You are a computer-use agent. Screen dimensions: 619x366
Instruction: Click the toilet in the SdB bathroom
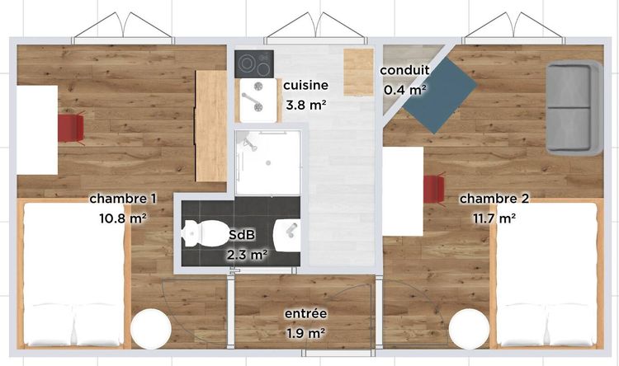pos(202,233)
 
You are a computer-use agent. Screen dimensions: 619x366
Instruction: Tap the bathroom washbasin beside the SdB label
pos(287,235)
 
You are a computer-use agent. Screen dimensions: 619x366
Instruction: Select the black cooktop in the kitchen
pos(254,63)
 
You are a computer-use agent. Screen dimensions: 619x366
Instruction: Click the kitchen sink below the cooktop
pos(258,101)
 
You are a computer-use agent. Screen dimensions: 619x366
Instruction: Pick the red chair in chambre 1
pos(71,128)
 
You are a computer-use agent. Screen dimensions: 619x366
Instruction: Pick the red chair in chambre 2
pos(435,190)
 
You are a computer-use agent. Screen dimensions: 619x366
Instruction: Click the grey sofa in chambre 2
pos(574,108)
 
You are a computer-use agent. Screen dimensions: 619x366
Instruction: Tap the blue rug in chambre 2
pos(440,95)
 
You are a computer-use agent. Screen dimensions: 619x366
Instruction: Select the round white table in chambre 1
pos(151,329)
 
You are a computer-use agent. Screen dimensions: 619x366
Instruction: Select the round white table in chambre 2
pos(469,329)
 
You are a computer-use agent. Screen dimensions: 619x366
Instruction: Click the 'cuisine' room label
pos(306,85)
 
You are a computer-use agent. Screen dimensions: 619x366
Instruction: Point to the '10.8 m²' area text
pos(123,218)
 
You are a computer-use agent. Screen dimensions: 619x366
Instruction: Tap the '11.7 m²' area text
pos(494,218)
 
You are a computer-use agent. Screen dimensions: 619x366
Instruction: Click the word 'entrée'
pos(306,313)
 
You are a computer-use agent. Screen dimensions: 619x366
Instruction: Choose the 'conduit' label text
pos(404,71)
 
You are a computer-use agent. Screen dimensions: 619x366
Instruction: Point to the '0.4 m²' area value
pos(405,91)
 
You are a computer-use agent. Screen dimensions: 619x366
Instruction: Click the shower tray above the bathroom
pos(268,162)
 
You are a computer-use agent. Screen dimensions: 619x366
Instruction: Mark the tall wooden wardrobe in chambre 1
pos(211,126)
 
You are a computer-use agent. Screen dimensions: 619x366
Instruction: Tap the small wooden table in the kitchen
pos(358,73)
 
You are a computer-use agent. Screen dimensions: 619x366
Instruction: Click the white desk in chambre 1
pos(37,129)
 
